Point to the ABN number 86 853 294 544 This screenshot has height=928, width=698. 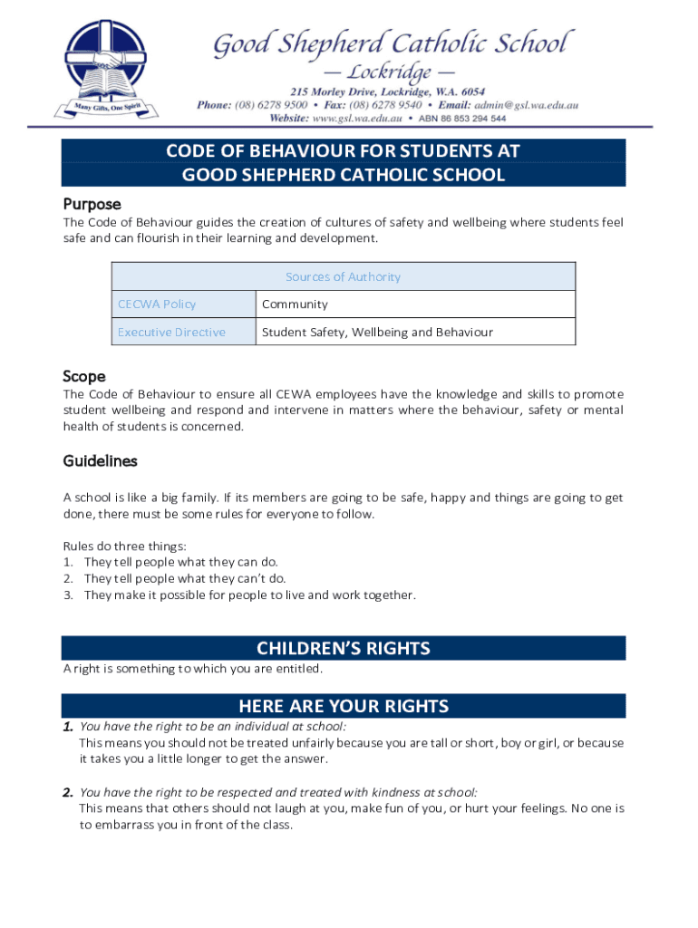462,119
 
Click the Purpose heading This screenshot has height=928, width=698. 92,204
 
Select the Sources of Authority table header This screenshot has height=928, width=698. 343,276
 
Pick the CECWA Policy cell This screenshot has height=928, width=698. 157,304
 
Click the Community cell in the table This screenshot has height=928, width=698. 295,304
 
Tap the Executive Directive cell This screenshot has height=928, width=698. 171,332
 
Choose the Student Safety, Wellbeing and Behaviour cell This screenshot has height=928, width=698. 377,332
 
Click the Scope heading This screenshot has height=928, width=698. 84,376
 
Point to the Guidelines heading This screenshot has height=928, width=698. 100,461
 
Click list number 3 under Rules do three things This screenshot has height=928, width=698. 68,595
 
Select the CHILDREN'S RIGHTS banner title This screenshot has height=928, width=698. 343,648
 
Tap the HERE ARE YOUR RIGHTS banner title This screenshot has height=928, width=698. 343,706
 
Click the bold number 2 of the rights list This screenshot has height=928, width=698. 67,793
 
